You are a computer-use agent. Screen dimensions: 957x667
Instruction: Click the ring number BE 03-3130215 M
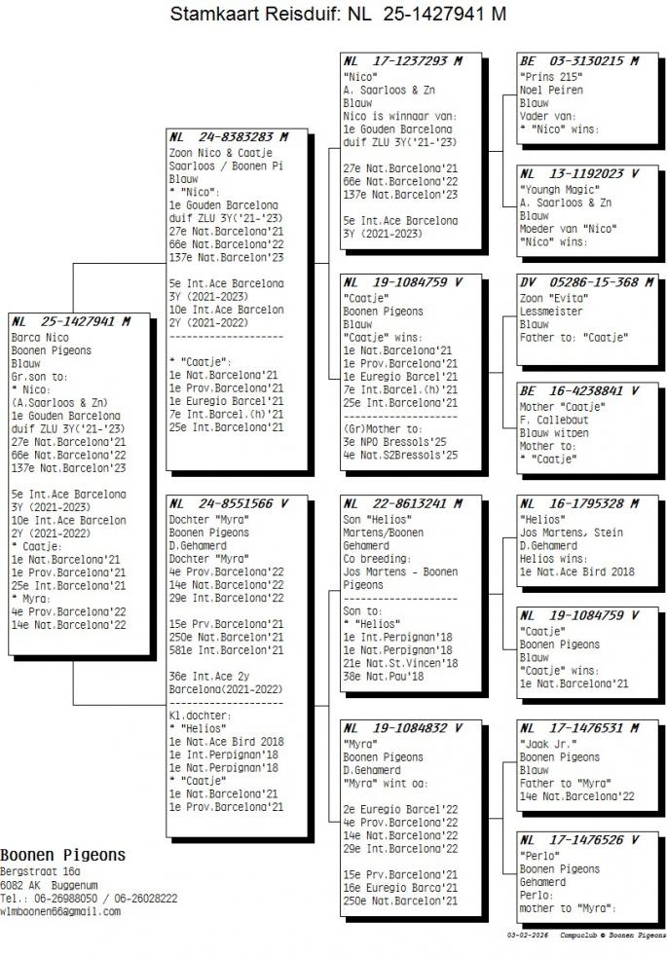(x=579, y=61)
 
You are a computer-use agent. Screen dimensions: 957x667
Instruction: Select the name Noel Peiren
(x=550, y=90)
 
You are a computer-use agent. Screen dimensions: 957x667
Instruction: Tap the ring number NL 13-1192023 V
(x=579, y=174)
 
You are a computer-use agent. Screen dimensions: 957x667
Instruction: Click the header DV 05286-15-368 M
(x=585, y=282)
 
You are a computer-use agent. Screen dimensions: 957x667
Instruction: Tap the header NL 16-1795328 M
(x=579, y=504)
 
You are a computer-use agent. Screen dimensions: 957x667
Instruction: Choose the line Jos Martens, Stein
(x=571, y=534)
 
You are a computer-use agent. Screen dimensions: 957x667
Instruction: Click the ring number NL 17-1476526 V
(x=579, y=840)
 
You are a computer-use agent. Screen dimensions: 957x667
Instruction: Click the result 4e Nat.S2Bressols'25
(x=400, y=454)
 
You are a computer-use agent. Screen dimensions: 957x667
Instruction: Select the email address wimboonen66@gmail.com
(x=60, y=911)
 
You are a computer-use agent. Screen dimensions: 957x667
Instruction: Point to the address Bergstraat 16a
(x=40, y=872)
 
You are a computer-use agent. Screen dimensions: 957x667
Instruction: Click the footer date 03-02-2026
(x=526, y=934)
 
